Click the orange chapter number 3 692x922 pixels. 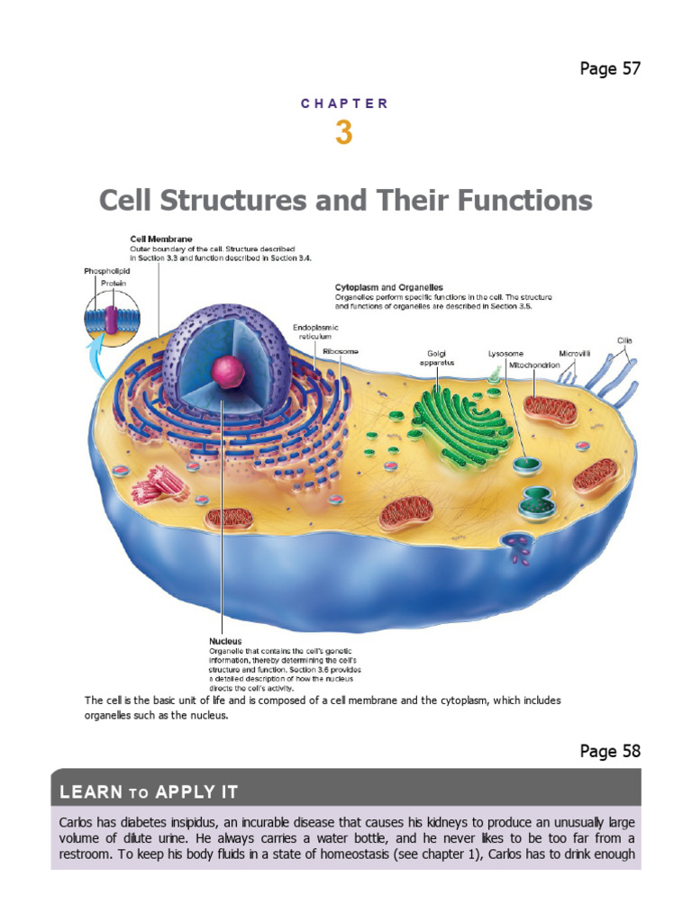[343, 132]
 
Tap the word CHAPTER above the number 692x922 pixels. [344, 104]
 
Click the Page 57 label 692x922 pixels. [610, 68]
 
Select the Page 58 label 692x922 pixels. [610, 751]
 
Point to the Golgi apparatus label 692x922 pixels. [437, 358]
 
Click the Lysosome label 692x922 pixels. [505, 353]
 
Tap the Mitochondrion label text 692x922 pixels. [534, 366]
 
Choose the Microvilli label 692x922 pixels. [574, 353]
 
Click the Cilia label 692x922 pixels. [625, 340]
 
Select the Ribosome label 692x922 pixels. [340, 351]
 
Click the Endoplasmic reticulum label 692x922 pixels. [315, 331]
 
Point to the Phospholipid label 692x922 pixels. [106, 271]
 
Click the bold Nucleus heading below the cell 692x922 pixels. [225, 641]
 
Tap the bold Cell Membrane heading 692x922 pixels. [161, 239]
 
